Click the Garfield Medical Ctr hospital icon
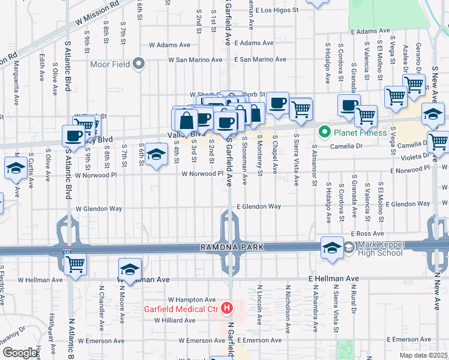(x=227, y=309)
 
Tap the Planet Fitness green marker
(x=325, y=131)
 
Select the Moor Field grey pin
(x=139, y=64)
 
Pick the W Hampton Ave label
(x=191, y=299)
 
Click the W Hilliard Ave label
(x=175, y=320)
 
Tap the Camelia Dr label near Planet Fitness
(x=331, y=146)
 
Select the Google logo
(x=20, y=353)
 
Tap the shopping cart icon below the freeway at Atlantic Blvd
(x=76, y=263)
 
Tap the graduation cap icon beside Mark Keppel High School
(x=331, y=248)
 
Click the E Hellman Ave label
(x=333, y=279)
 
